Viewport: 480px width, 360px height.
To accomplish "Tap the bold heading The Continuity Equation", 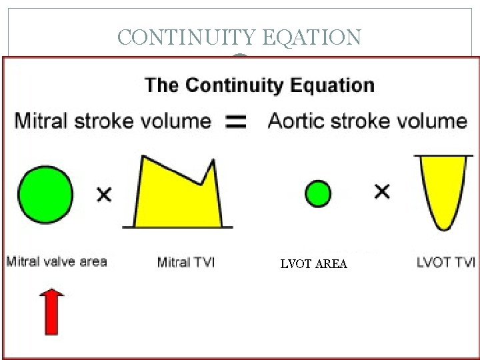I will (x=259, y=85).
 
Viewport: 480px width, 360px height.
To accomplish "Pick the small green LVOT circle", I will (x=318, y=194).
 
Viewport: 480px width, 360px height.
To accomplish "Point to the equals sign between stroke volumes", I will (x=237, y=121).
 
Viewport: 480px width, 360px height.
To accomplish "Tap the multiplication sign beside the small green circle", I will (x=382, y=193).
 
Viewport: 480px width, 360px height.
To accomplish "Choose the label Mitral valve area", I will (x=57, y=261).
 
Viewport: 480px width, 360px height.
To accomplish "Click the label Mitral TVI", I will (x=186, y=262).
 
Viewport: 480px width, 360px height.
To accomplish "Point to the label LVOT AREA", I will (x=313, y=264).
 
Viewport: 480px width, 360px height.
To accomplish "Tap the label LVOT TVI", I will (x=445, y=262).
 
